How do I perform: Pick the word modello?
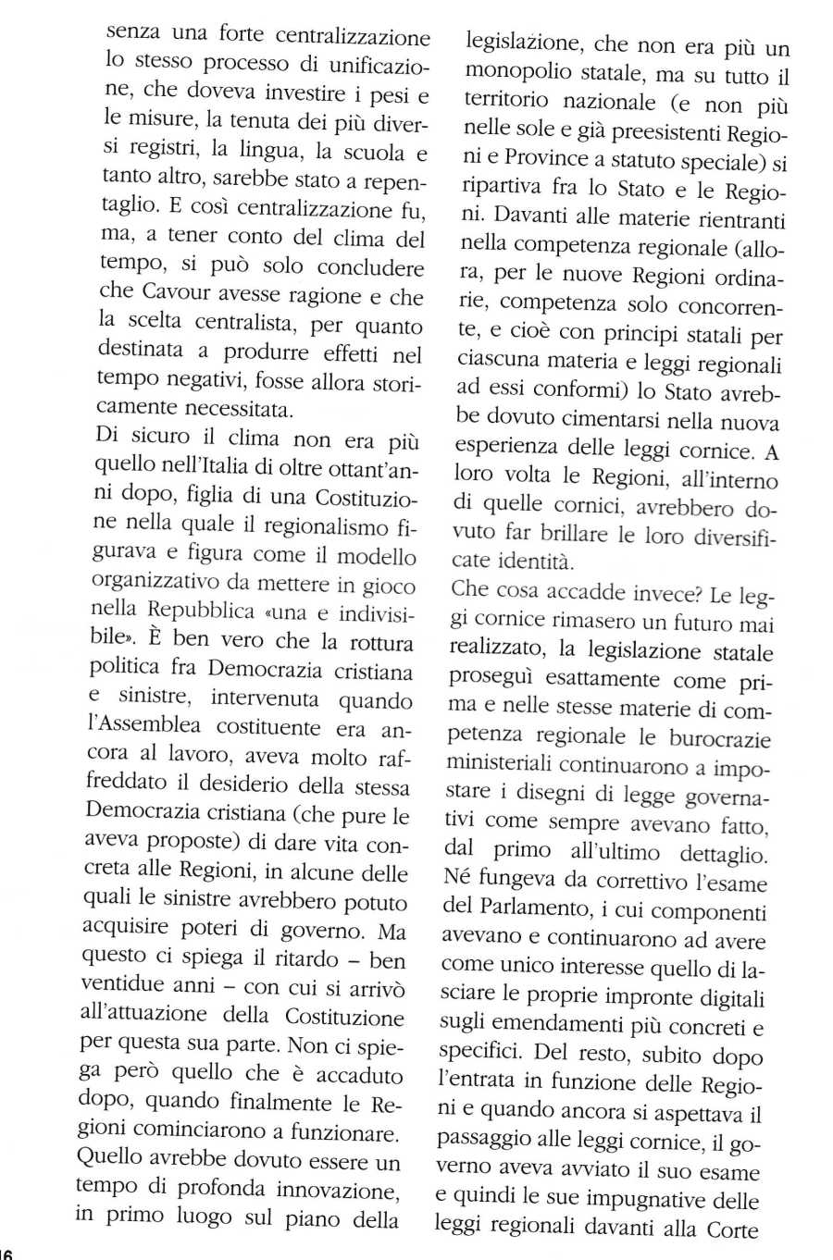point(376,556)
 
